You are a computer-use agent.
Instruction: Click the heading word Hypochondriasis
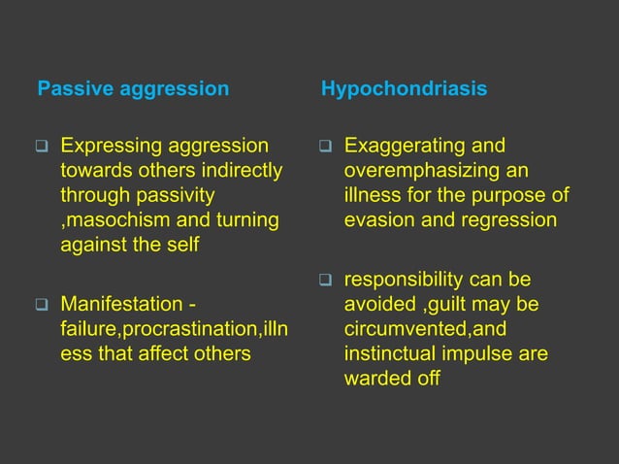[405, 90]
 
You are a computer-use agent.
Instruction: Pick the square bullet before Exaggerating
[327, 148]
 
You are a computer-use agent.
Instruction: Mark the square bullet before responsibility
[327, 282]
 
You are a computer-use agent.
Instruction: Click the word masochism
[109, 220]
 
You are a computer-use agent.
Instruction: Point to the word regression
[511, 220]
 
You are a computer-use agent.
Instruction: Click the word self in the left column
[182, 245]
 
